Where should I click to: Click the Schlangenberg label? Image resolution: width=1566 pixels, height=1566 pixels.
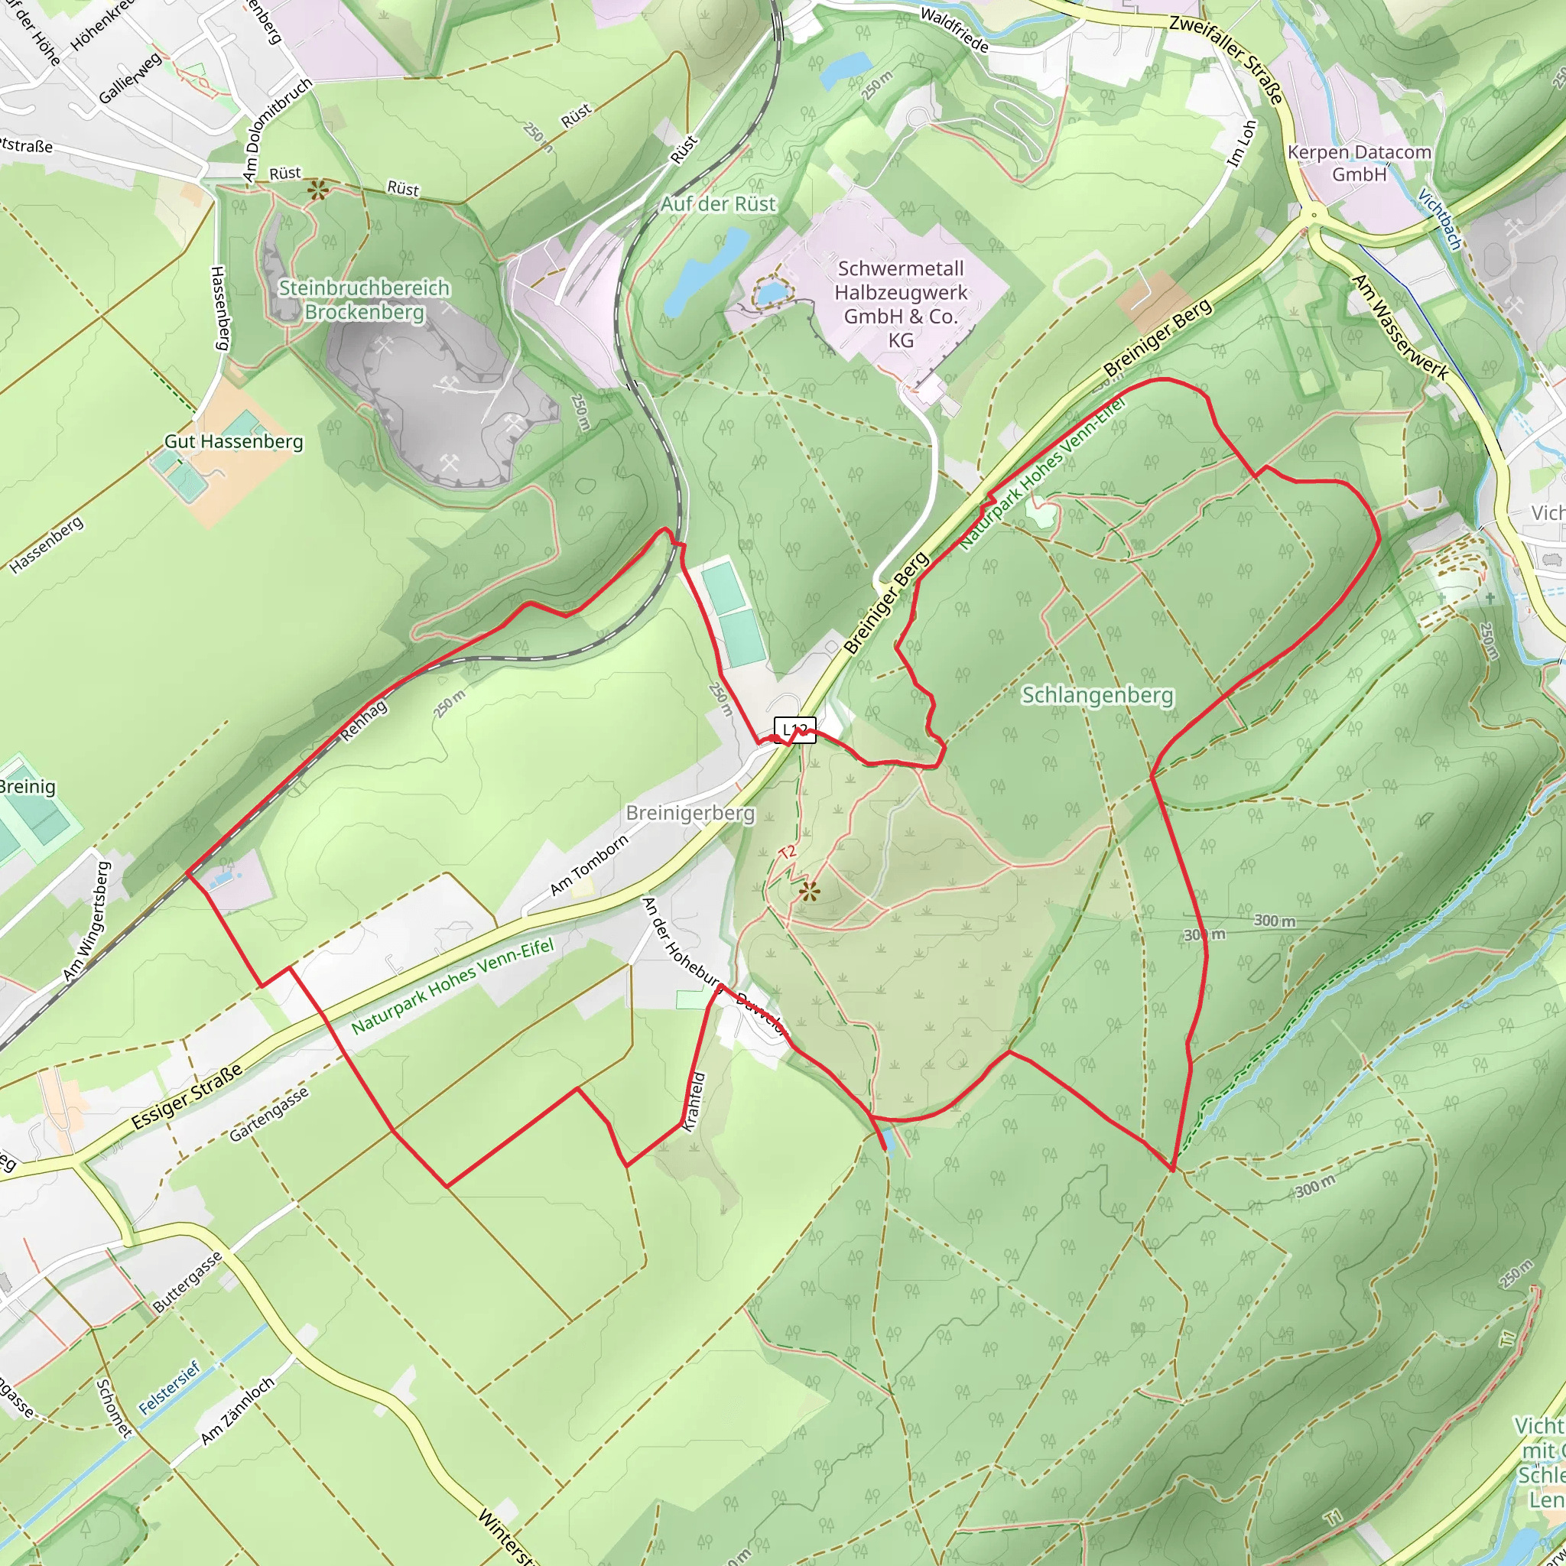[1097, 696]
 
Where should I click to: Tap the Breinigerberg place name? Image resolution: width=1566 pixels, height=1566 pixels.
[690, 813]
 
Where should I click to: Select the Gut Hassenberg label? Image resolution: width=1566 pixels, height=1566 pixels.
[233, 442]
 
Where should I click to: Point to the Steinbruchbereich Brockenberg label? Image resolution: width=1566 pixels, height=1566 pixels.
[364, 300]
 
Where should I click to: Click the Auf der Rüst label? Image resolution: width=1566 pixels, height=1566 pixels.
[718, 204]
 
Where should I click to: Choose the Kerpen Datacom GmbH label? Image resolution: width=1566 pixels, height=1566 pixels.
[1360, 163]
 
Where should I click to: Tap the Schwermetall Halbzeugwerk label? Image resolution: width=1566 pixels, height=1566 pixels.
[901, 304]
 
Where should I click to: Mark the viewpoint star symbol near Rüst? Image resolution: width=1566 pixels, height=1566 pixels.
[317, 191]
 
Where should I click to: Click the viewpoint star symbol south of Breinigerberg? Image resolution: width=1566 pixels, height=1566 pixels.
[808, 892]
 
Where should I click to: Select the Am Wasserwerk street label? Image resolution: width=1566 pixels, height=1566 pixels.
[1399, 327]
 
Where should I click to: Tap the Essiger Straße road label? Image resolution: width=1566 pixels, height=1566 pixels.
[187, 1097]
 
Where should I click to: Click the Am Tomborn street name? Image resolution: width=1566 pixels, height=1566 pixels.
[589, 866]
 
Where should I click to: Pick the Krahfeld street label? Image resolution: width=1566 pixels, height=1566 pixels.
[694, 1103]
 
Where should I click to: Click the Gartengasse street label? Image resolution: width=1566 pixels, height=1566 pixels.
[268, 1115]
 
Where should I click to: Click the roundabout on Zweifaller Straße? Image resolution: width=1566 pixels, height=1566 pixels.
[1313, 216]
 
